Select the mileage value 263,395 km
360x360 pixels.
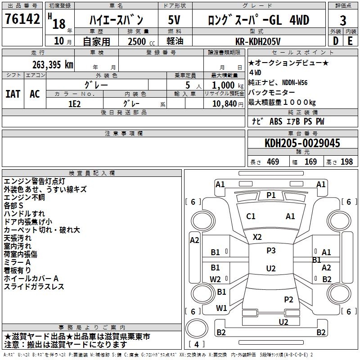point(53,64)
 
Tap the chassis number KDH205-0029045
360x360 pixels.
point(302,143)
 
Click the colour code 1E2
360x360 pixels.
point(74,103)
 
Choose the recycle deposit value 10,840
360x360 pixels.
point(224,103)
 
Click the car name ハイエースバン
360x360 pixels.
point(117,20)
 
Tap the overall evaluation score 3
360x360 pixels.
point(343,20)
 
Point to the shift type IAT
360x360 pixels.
point(13,94)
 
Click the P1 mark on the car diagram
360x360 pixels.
point(271,195)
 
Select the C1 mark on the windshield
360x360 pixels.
point(251,216)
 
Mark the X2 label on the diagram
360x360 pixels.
point(257,237)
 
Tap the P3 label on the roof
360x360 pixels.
point(271,251)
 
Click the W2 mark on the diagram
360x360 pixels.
point(216,279)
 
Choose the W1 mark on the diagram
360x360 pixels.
point(221,308)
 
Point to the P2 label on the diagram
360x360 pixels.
point(288,299)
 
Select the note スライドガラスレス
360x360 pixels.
point(34,287)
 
